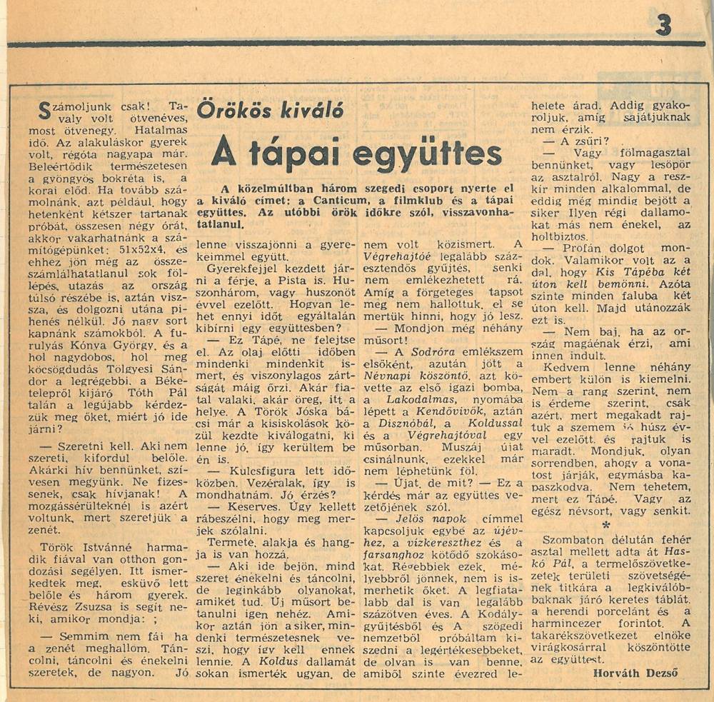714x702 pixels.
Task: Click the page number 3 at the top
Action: tap(663, 25)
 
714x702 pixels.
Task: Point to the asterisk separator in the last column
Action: tap(605, 523)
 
